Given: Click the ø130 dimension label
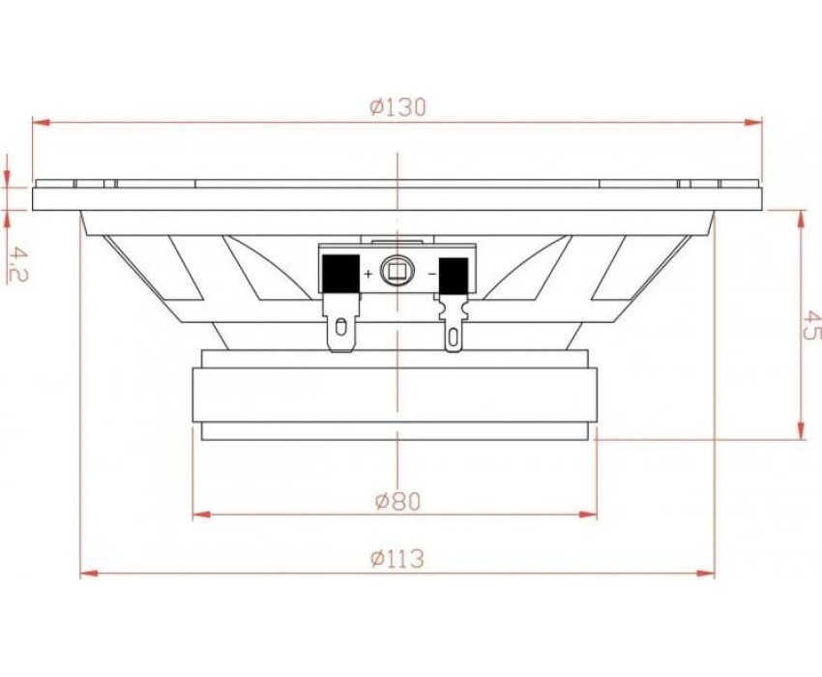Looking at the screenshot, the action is [x=397, y=107].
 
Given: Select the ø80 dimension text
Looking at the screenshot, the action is [x=397, y=502].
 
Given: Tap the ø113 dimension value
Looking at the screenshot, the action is [x=396, y=559].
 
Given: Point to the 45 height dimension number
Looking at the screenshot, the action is [x=811, y=325].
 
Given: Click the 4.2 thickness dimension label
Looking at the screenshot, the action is [x=17, y=265].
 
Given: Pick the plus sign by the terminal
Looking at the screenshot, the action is [x=368, y=273].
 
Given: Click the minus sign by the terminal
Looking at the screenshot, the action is [x=432, y=273].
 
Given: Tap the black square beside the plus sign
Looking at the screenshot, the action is [x=340, y=273].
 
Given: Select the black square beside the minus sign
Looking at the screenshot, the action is [x=454, y=276].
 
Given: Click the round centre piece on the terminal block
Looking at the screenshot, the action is [x=397, y=271].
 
